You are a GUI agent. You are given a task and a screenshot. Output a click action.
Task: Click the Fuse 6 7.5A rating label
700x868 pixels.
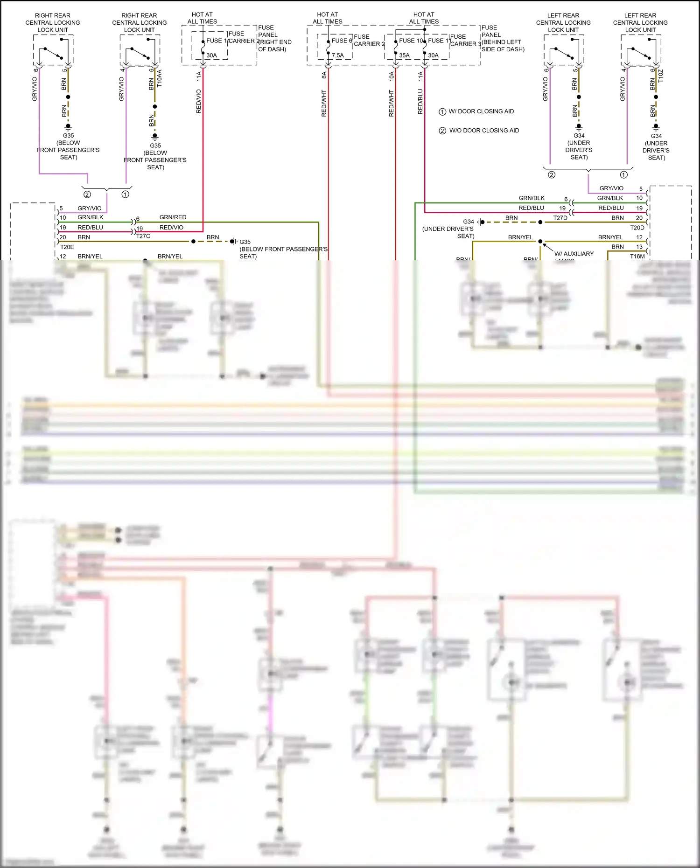338,56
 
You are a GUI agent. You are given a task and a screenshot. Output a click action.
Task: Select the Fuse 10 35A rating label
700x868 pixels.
404,56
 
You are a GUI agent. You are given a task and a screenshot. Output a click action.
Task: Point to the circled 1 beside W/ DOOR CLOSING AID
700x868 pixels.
442,112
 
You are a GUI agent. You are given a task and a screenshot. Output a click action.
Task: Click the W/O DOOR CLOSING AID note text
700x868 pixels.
484,131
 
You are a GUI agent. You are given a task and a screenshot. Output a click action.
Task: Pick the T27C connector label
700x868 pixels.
143,236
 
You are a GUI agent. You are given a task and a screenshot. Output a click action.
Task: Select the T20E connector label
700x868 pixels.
67,247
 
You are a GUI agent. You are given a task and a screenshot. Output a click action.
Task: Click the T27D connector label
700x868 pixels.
560,218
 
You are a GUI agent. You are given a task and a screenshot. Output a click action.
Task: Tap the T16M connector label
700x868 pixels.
637,257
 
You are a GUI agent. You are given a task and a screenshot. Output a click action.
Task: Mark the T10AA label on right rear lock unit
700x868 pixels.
159,79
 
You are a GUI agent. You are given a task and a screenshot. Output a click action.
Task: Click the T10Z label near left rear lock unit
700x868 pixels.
660,76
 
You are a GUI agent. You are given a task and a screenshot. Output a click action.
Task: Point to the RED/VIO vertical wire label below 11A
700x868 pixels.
198,101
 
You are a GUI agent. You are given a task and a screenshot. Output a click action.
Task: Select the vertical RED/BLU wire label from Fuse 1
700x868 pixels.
420,102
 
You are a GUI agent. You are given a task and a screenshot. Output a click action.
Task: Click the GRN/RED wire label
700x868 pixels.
173,217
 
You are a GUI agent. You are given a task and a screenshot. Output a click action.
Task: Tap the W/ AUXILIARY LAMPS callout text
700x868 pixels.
574,254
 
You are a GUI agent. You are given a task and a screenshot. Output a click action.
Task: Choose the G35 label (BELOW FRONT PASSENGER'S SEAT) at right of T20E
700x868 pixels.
245,242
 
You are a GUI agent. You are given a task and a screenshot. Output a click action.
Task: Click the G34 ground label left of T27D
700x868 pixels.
469,222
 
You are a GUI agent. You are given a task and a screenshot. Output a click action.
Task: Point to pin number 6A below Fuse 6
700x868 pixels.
324,75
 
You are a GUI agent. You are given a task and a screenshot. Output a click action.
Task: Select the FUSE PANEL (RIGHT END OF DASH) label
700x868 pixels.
274,39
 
